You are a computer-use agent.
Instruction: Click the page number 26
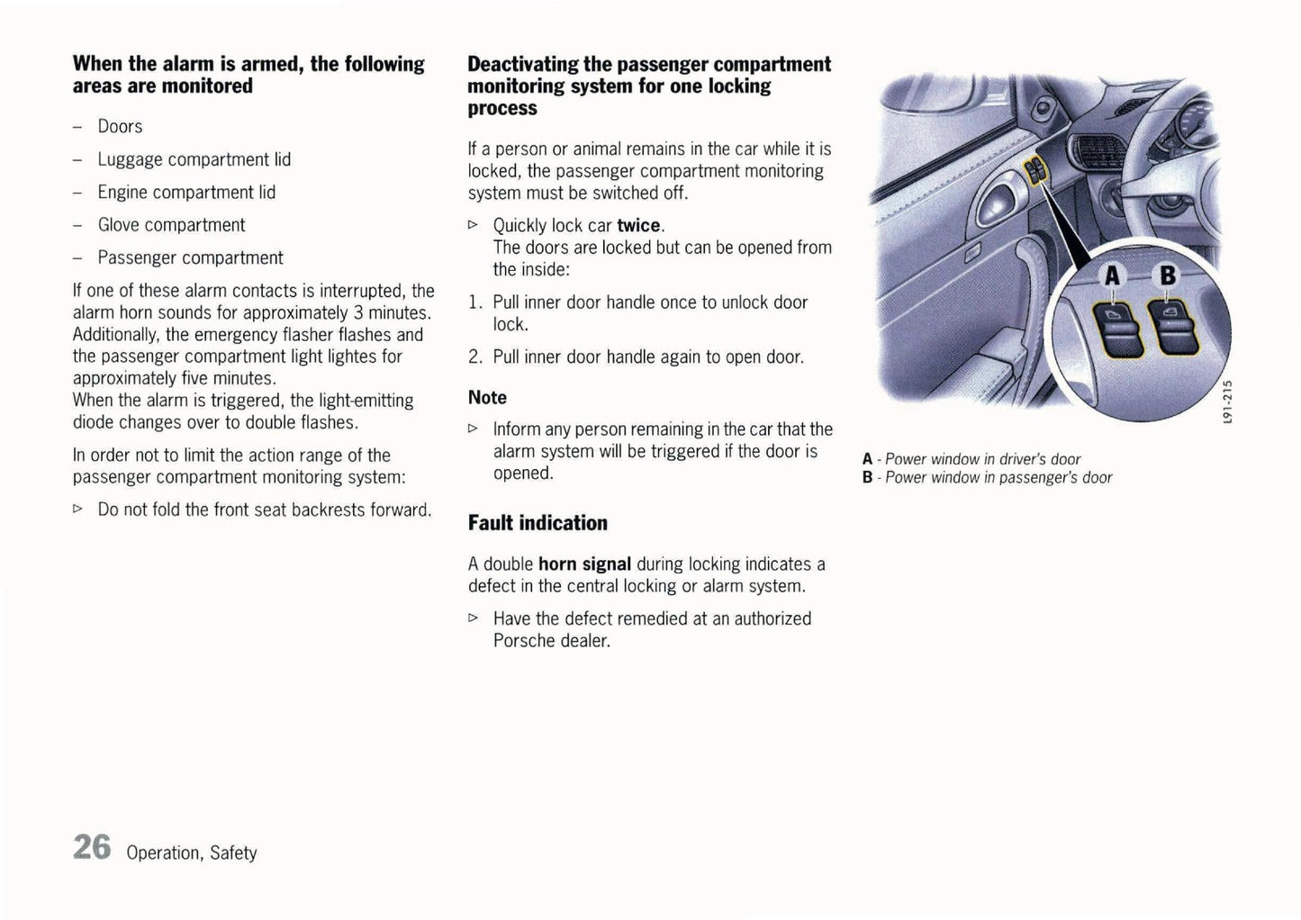pyautogui.click(x=92, y=847)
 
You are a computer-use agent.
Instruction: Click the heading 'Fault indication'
pyautogui.click(x=538, y=523)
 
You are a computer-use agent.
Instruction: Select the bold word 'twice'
pyautogui.click(x=638, y=226)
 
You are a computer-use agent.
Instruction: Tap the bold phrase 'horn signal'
pyautogui.click(x=584, y=564)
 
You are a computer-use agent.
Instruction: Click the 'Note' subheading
pyautogui.click(x=487, y=398)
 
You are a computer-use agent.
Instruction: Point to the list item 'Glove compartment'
pyautogui.click(x=171, y=225)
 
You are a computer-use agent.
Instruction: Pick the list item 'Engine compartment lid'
pyautogui.click(x=186, y=193)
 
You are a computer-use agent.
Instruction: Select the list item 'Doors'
pyautogui.click(x=120, y=127)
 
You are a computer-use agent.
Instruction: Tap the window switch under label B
pyautogui.click(x=1167, y=329)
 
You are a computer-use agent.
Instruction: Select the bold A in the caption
pyautogui.click(x=867, y=459)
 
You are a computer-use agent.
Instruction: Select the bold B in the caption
pyautogui.click(x=867, y=478)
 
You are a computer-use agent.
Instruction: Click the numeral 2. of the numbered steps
pyautogui.click(x=476, y=357)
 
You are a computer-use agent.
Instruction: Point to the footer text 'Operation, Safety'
pyautogui.click(x=192, y=852)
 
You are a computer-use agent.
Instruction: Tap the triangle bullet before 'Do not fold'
pyautogui.click(x=77, y=510)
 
